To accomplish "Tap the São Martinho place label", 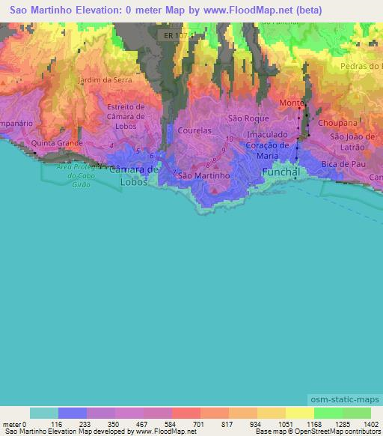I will pos(198,175).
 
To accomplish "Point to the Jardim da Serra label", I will pos(105,80).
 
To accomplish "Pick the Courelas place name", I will pos(196,130).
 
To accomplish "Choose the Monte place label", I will pos(290,103).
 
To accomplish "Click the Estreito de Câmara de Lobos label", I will pos(130,117).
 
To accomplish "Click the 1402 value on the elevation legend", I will pos(369,423).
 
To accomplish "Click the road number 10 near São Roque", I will pos(228,140).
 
